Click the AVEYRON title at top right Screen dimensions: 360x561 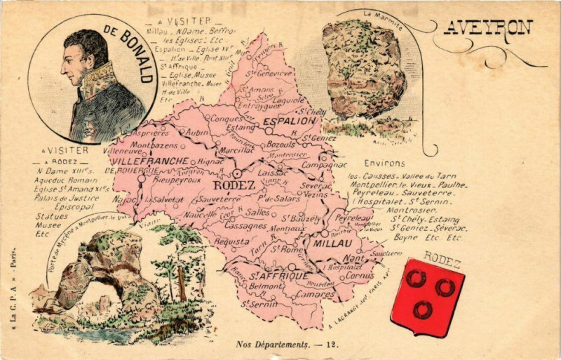click(488, 27)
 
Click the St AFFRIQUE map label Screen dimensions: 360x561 click(278, 276)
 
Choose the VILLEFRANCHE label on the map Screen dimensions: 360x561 click(149, 161)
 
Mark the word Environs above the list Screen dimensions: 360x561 click(384, 164)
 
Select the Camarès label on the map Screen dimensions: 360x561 click(314, 294)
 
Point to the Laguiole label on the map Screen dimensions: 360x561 click(290, 100)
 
